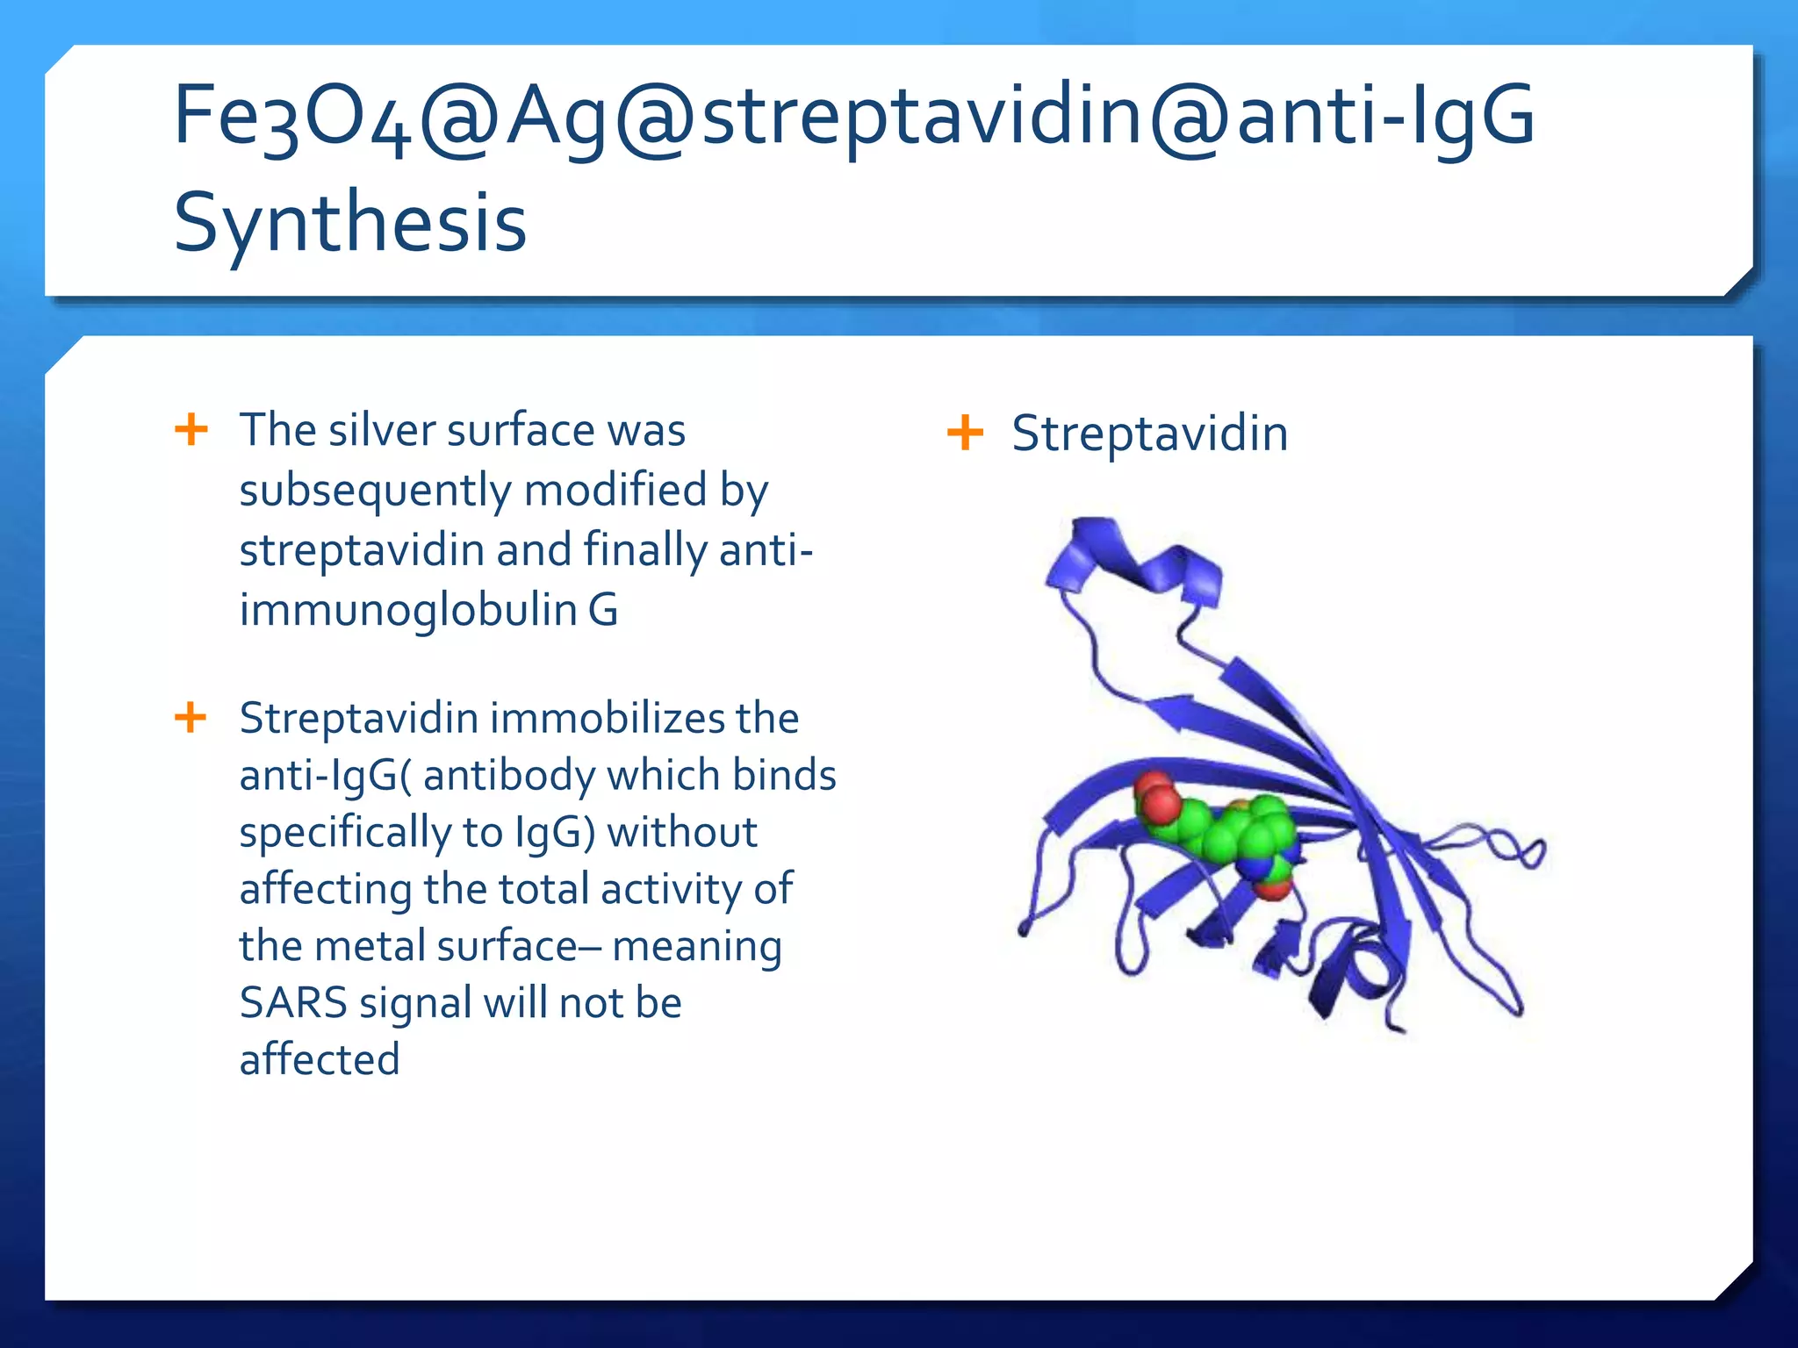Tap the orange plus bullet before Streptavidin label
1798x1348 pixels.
(x=965, y=433)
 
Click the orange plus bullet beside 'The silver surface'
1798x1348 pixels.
(x=191, y=430)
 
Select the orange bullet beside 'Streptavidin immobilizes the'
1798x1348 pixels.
(x=191, y=717)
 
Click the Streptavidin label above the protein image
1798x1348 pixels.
(x=1149, y=434)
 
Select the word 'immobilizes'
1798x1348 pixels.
(x=607, y=719)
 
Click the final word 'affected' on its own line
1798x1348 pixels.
(x=320, y=1060)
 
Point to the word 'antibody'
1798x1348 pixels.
(x=509, y=776)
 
